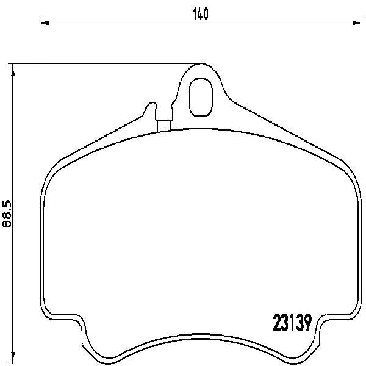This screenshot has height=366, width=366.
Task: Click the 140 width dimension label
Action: tap(201, 14)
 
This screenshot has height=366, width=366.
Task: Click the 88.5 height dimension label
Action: tap(7, 213)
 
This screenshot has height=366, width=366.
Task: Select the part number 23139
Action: tap(292, 323)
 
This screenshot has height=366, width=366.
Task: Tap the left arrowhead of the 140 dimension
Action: tap(45, 23)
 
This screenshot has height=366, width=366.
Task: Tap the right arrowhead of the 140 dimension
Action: tap(357, 23)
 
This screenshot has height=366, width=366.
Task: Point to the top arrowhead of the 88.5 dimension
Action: tap(13, 70)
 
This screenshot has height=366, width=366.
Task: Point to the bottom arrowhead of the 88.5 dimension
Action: tap(13, 357)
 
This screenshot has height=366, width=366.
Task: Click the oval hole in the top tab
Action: tap(201, 97)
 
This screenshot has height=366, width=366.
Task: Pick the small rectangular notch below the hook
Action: tap(164, 126)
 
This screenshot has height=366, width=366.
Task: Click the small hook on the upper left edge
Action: tap(151, 106)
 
